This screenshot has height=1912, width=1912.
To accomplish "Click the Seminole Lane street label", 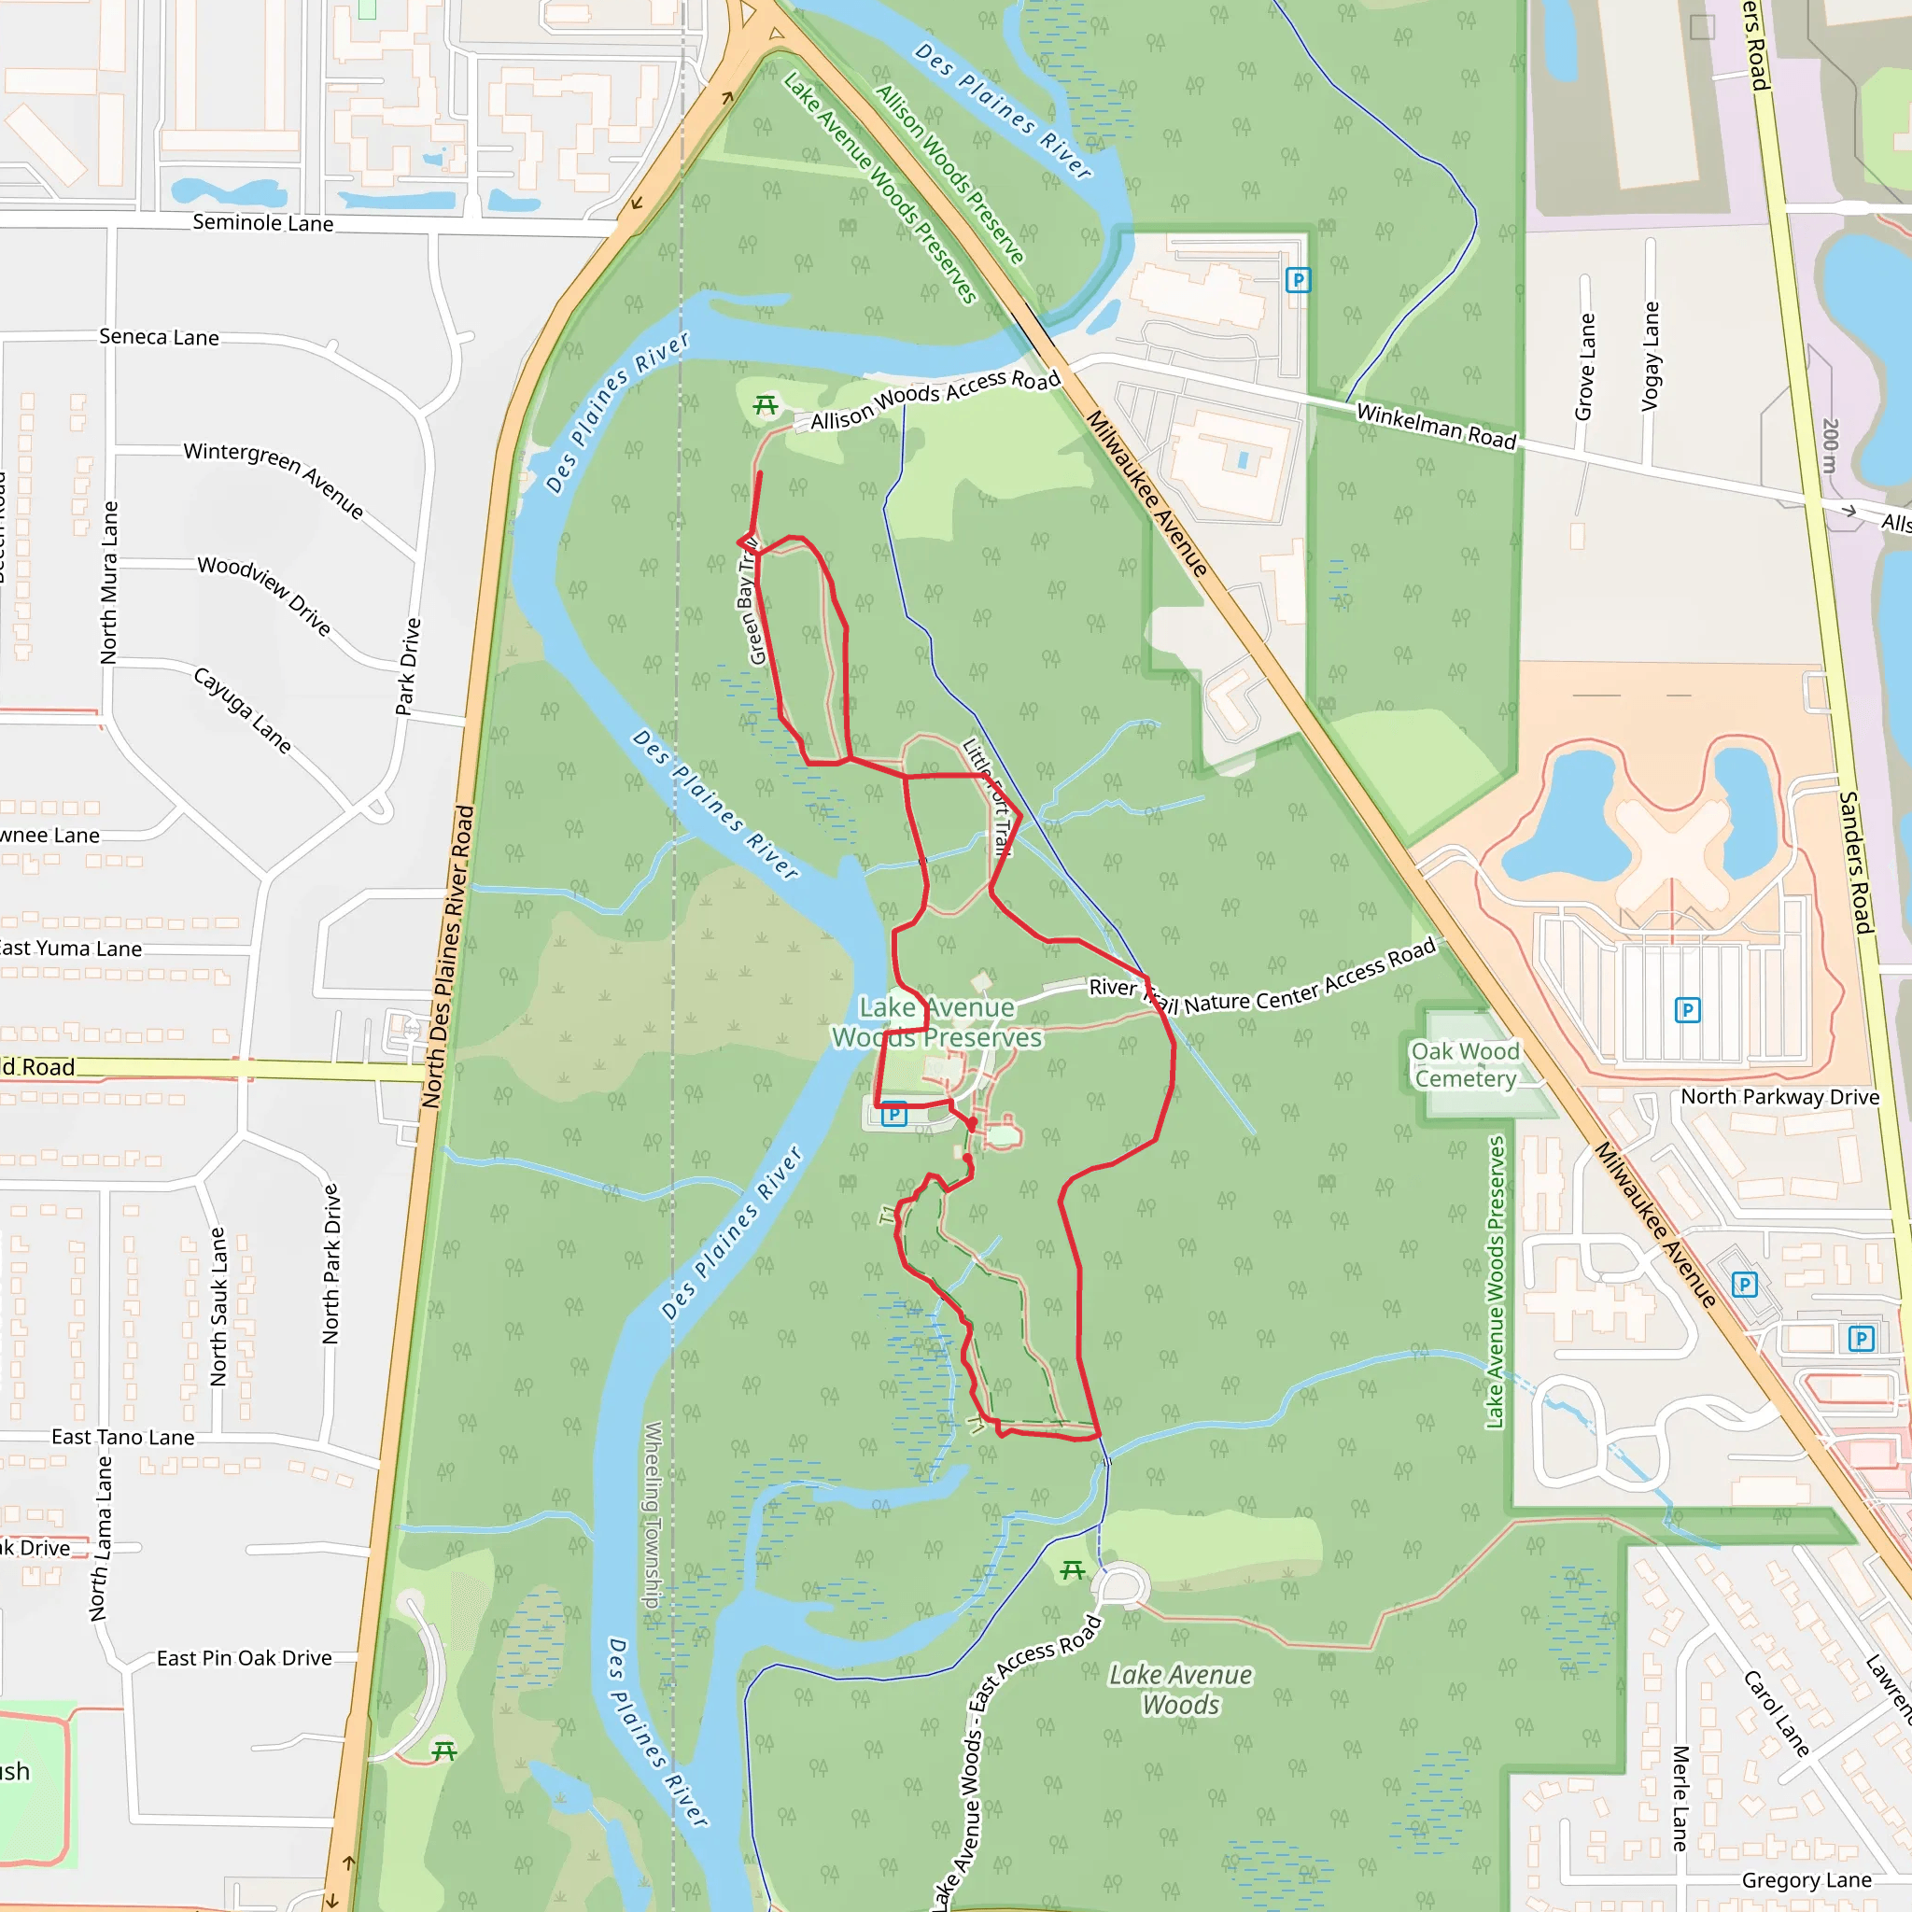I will pos(262,223).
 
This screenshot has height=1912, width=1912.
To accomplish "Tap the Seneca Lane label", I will pos(160,337).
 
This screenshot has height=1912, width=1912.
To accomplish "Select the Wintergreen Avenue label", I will pos(274,479).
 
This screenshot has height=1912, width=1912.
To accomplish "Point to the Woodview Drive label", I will pos(264,595).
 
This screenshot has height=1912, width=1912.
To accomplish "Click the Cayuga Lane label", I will pos(243,710).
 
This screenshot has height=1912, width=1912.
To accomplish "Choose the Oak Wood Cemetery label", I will pos(1465,1065).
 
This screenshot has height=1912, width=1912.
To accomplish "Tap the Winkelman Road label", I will pos(1436,427).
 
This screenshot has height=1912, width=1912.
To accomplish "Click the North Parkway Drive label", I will pos(1779,1097).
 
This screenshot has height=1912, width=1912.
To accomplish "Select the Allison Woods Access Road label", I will pos(935,400).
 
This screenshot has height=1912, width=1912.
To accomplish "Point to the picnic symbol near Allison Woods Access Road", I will pos(765,405).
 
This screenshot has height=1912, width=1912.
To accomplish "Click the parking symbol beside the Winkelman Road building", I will pos(1298,280).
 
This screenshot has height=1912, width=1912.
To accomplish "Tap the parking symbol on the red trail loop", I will pos(893,1115).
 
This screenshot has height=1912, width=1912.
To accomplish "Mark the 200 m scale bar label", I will pos(1830,444).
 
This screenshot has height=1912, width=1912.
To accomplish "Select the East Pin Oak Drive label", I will pos(244,1658).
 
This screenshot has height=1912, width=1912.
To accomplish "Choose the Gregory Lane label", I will pos(1807,1879).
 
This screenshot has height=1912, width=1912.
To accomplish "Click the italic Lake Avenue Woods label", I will pos(1181,1689).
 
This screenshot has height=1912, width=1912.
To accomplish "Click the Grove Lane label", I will pos(1585,366).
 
